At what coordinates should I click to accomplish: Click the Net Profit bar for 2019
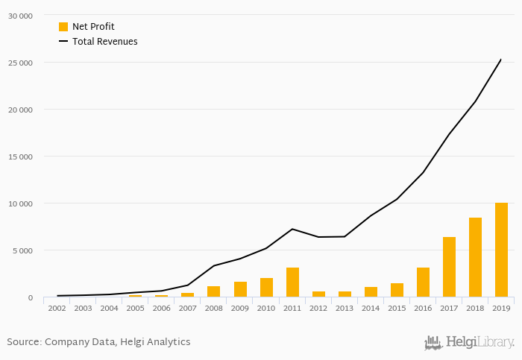tap(501, 250)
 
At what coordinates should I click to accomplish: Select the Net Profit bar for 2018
tap(475, 257)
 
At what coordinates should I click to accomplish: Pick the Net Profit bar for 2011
tap(292, 282)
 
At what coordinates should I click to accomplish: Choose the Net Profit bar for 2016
tap(423, 282)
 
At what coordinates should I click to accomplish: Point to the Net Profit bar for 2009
tap(240, 289)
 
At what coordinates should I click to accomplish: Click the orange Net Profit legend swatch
tap(63, 27)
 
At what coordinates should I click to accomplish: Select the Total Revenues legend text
tap(105, 42)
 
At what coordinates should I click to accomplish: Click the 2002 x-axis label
tap(57, 308)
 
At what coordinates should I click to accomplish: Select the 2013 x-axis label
tap(345, 308)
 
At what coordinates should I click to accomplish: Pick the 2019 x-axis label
tap(501, 308)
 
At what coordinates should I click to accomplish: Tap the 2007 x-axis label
tap(187, 308)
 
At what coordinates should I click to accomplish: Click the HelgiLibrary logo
tap(469, 343)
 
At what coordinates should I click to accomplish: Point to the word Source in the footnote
tap(23, 342)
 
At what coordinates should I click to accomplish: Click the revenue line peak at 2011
tap(292, 229)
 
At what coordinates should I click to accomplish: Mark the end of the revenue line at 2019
tap(501, 60)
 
